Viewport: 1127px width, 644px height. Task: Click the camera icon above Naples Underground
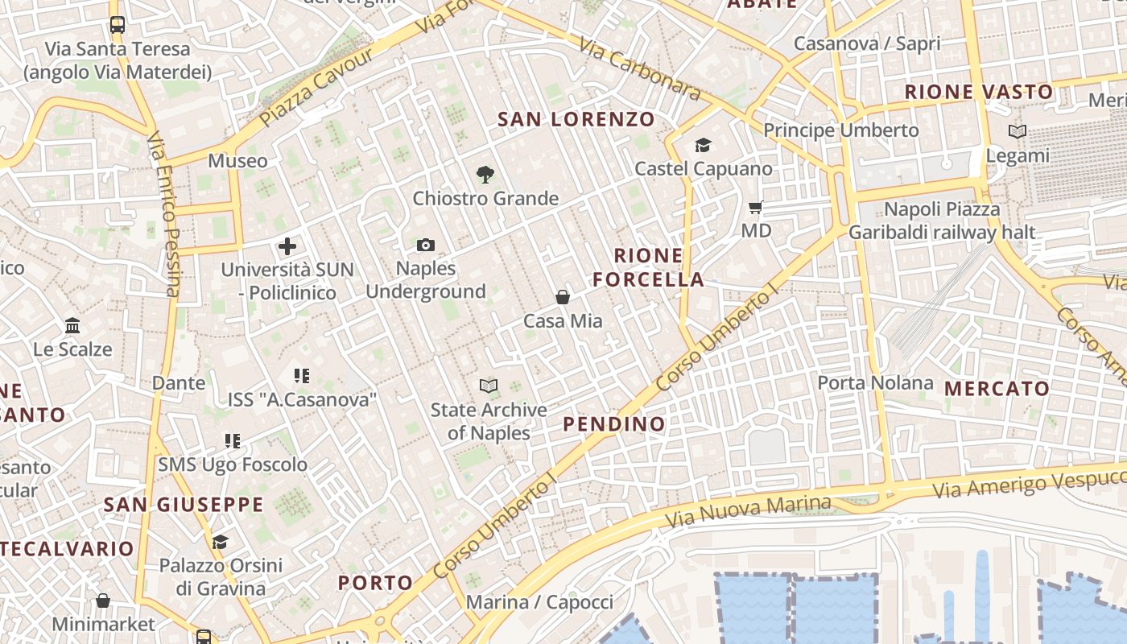pyautogui.click(x=426, y=245)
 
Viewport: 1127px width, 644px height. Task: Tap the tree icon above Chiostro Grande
pyautogui.click(x=485, y=174)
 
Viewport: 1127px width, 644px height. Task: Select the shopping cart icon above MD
pyautogui.click(x=755, y=208)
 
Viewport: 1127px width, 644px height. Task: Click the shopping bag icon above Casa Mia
pyautogui.click(x=563, y=297)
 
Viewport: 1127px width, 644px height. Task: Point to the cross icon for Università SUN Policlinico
pyautogui.click(x=287, y=246)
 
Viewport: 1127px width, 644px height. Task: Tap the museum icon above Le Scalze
pyautogui.click(x=72, y=326)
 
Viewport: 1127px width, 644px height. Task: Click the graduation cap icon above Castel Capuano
pyautogui.click(x=703, y=145)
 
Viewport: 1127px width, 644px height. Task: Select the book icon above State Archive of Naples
pyautogui.click(x=489, y=386)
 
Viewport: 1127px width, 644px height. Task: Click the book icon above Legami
pyautogui.click(x=1018, y=131)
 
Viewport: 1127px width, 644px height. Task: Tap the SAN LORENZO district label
pyautogui.click(x=576, y=120)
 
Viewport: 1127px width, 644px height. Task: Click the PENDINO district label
pyautogui.click(x=614, y=424)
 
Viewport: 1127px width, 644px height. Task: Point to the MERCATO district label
pyautogui.click(x=997, y=389)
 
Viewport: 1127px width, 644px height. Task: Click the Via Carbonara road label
pyautogui.click(x=640, y=71)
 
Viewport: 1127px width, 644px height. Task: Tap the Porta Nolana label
pyautogui.click(x=875, y=383)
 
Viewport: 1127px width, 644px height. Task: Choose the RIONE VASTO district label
pyautogui.click(x=978, y=92)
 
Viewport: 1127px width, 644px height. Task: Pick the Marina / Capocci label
pyautogui.click(x=539, y=602)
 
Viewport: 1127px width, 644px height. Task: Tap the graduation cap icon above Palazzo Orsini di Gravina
pyautogui.click(x=220, y=542)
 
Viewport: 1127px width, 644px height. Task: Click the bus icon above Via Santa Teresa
pyautogui.click(x=118, y=24)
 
